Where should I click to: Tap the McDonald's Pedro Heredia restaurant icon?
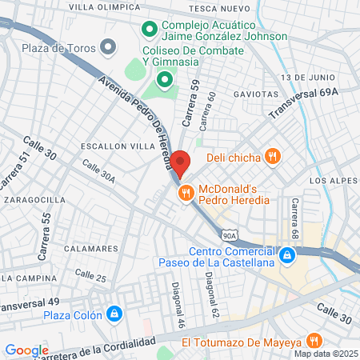186,192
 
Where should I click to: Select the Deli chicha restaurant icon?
273,157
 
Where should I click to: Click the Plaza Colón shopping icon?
115,312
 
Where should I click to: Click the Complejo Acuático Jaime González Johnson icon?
149,30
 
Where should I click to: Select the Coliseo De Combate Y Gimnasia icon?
165,79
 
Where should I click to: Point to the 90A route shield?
230,236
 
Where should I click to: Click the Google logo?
27,350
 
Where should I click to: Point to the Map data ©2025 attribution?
324,354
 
